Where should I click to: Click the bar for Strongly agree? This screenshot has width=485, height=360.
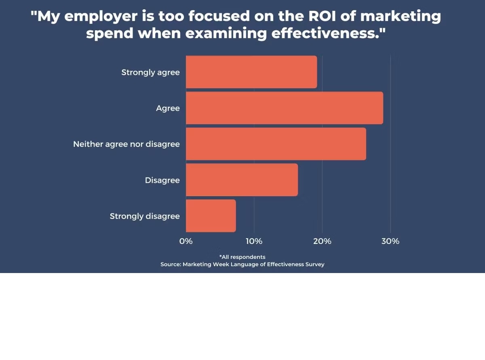(251, 72)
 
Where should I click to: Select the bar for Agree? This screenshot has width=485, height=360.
(284, 108)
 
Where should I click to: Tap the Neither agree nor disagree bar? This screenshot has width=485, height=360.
(276, 144)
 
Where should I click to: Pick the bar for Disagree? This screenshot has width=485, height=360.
(242, 180)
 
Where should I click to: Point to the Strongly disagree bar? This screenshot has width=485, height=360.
(211, 216)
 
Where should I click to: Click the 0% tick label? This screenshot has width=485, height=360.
(186, 241)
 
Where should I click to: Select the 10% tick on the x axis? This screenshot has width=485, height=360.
(254, 241)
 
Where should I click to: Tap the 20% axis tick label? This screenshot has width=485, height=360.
(322, 241)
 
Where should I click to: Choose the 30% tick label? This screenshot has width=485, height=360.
(390, 241)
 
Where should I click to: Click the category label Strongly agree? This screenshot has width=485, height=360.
(150, 73)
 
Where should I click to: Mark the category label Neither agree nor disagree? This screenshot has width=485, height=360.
(126, 144)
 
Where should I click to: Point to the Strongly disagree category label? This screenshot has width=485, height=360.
(145, 216)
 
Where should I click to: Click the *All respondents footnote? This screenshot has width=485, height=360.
(242, 257)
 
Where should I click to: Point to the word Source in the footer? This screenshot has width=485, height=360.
(170, 265)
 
